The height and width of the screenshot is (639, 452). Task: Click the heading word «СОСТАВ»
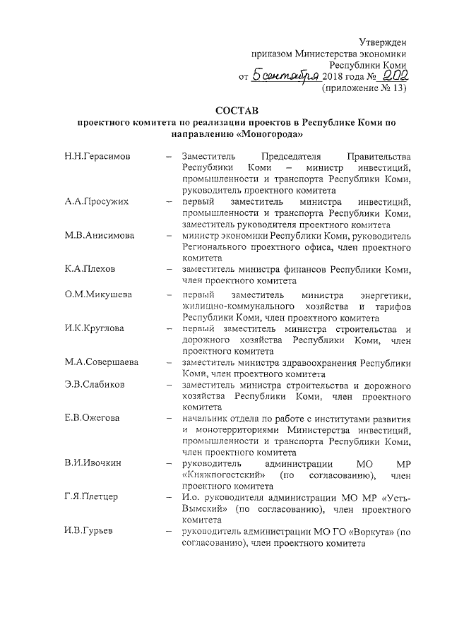[237, 109]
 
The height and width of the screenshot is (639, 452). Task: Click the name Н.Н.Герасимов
[96, 156]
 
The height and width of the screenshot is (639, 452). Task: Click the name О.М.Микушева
[97, 294]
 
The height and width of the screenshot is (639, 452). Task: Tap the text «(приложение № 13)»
[364, 89]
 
